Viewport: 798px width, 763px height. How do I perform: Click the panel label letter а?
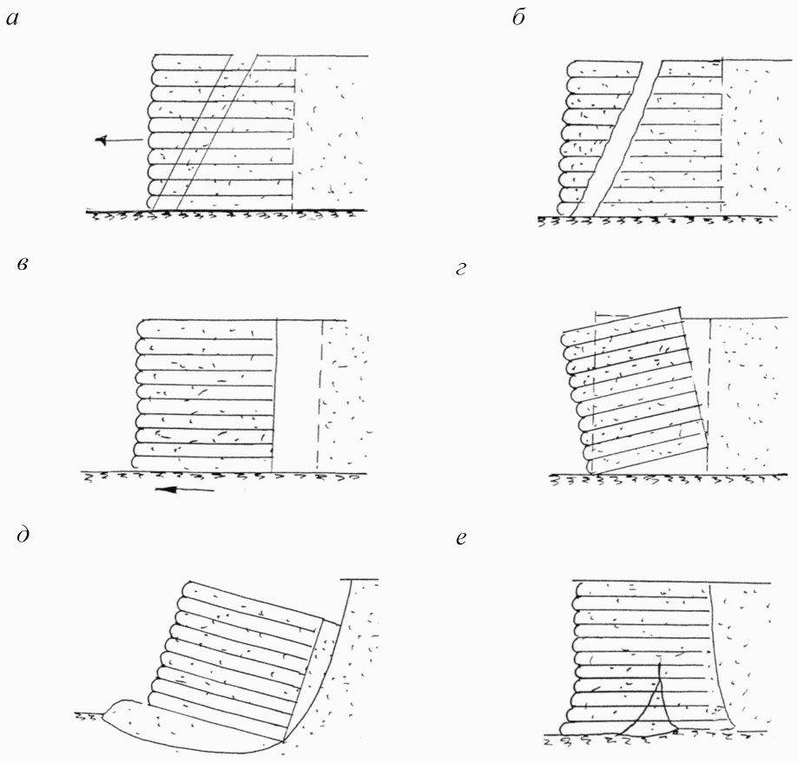pos(12,20)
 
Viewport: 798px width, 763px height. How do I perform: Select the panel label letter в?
pos(22,264)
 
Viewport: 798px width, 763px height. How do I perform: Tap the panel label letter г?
pos(460,268)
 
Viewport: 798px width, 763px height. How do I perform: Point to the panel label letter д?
pos(23,535)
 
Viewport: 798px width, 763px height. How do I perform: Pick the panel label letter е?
pos(461,538)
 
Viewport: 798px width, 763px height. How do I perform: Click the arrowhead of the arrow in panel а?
pos(102,140)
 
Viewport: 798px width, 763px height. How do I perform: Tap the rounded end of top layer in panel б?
pos(572,69)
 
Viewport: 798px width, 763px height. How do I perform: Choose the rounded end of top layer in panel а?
pos(157,62)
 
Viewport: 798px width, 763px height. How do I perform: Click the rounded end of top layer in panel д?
pos(188,589)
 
